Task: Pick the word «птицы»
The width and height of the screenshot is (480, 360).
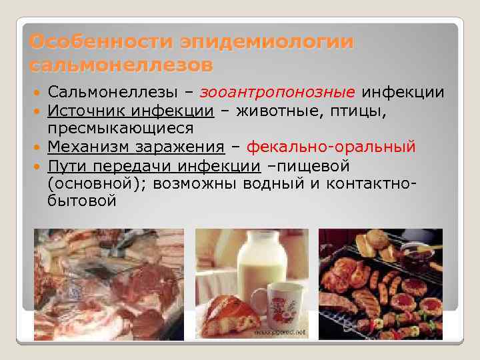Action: click(362, 109)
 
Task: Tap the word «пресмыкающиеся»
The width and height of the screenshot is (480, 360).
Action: click(121, 127)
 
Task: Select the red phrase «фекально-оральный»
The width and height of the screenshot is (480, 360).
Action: click(331, 146)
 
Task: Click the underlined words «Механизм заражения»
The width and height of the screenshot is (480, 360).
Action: click(136, 146)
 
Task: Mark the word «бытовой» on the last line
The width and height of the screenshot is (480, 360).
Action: click(82, 201)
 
